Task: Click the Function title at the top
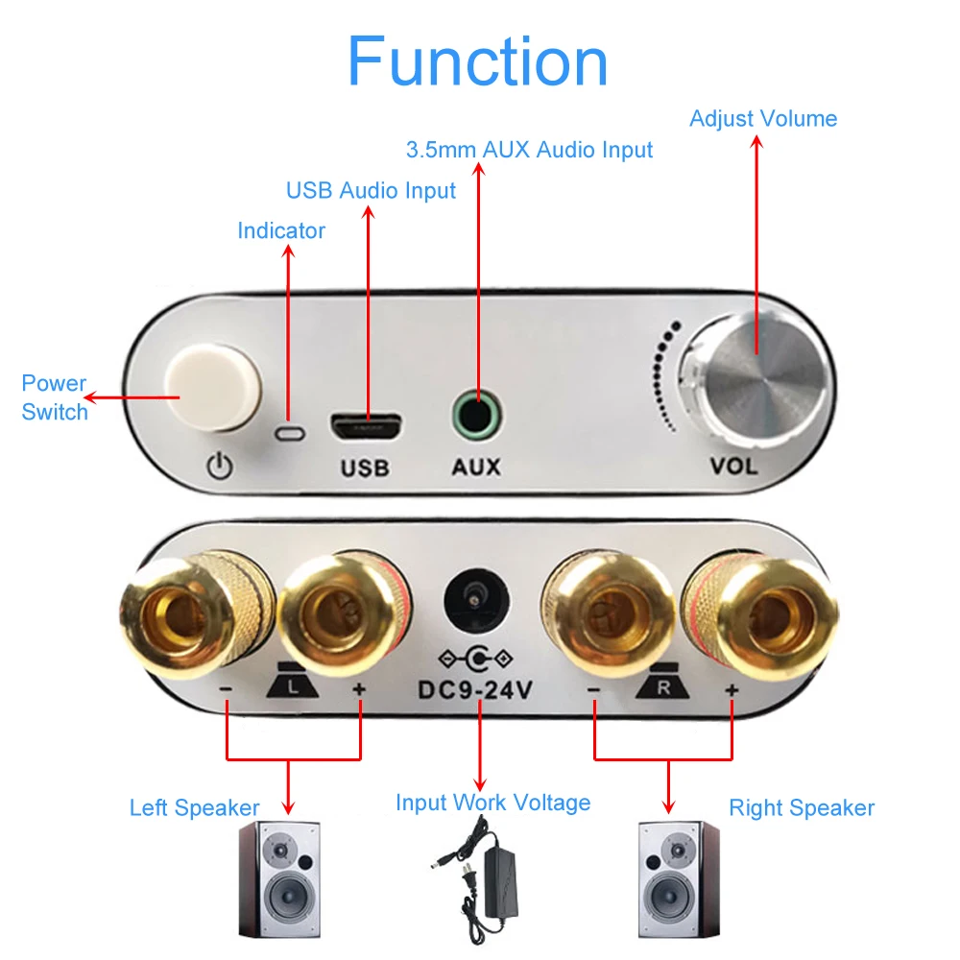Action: (477, 61)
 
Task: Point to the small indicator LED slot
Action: (289, 433)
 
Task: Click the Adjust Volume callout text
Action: (763, 119)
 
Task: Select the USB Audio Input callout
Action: (371, 190)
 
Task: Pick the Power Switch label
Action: (55, 397)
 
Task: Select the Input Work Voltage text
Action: (492, 802)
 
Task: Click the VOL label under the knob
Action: (733, 467)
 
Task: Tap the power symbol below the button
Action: (220, 468)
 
